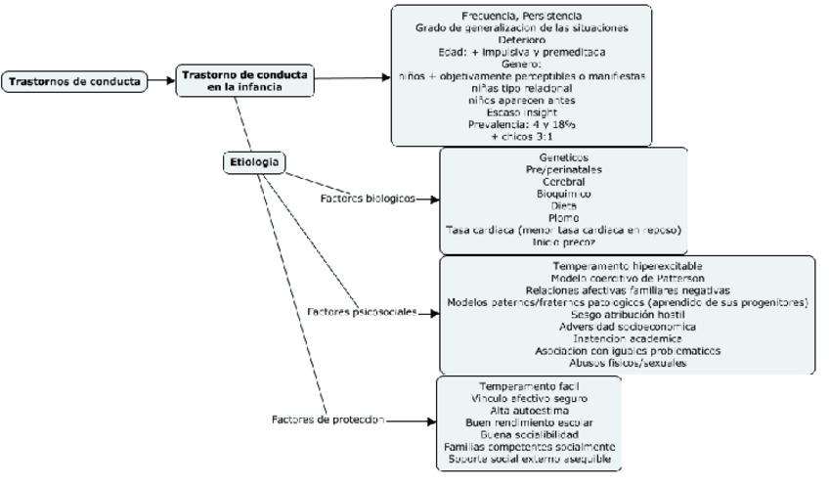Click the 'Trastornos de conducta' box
pos(74,81)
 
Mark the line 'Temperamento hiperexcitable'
pos(627,265)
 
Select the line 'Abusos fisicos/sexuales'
pos(627,363)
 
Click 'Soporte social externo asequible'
pos(529,459)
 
